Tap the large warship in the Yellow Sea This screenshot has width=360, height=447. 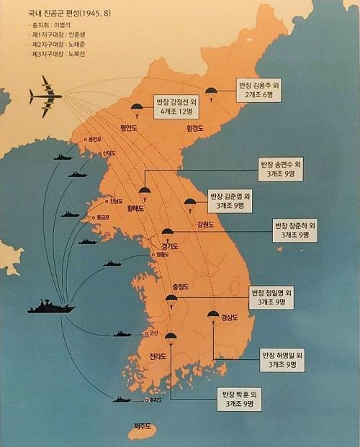(51, 307)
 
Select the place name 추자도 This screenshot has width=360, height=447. (154, 399)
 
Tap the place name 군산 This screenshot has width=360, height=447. (153, 333)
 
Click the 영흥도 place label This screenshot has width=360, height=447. (163, 254)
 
